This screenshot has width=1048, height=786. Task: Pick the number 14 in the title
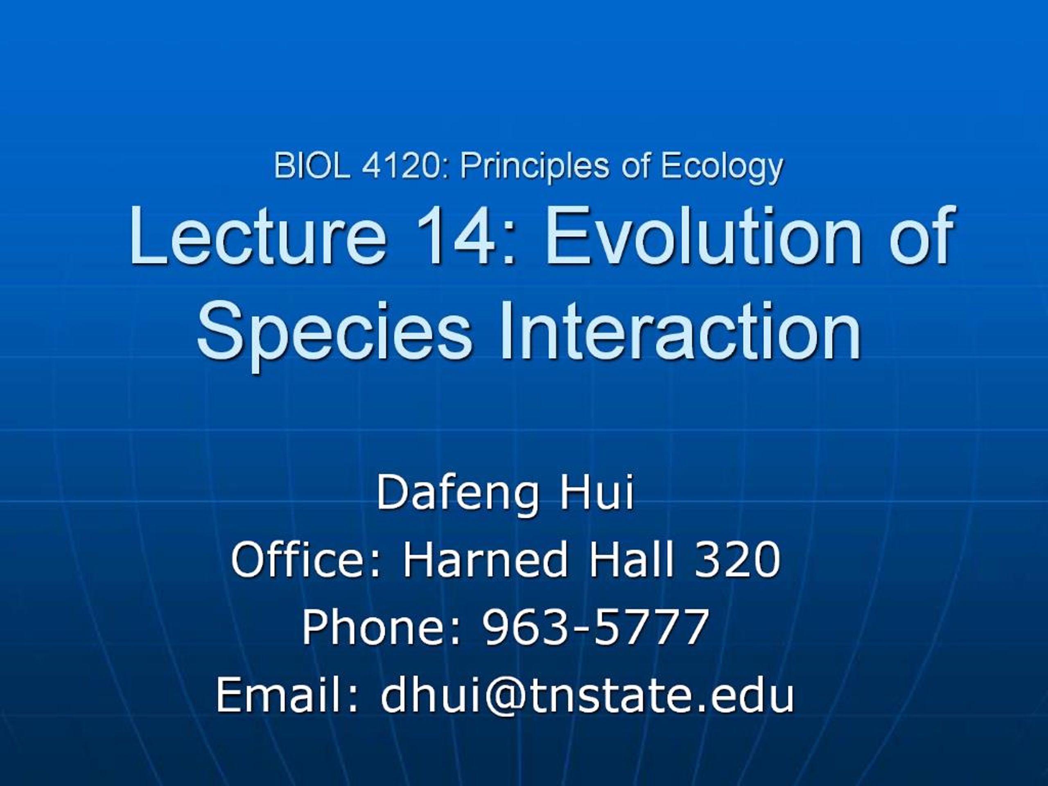coord(457,236)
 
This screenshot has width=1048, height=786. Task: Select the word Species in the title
coord(334,330)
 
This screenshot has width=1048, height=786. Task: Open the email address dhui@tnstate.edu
coord(587,695)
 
